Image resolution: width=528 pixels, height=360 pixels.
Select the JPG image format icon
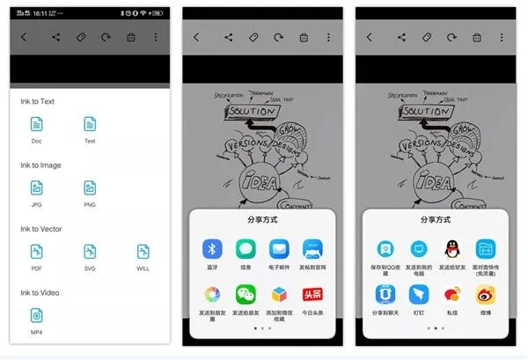click(x=36, y=187)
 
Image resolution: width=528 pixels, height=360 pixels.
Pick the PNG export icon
click(x=90, y=187)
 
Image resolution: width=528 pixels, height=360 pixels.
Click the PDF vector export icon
click(x=36, y=252)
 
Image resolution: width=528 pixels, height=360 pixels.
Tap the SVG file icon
click(x=90, y=252)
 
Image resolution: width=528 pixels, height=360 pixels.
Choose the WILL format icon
click(x=143, y=252)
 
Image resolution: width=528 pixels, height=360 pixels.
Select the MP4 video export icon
click(x=36, y=315)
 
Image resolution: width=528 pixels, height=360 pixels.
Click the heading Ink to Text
click(x=38, y=101)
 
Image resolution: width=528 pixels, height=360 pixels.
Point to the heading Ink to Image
click(x=40, y=165)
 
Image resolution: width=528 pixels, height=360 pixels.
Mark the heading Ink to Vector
click(x=40, y=229)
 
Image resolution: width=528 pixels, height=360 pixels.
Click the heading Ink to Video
click(x=40, y=292)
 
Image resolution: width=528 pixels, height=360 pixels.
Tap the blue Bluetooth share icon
click(x=211, y=248)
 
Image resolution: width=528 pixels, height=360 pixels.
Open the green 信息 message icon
click(x=246, y=248)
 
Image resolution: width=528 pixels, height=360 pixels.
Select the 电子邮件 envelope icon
click(x=279, y=248)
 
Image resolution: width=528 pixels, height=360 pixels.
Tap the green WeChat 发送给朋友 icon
click(x=246, y=293)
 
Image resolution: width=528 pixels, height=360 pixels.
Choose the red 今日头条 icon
click(x=312, y=293)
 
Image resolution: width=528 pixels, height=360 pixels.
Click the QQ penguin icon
click(x=451, y=248)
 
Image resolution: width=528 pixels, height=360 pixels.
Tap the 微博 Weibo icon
click(x=485, y=293)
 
